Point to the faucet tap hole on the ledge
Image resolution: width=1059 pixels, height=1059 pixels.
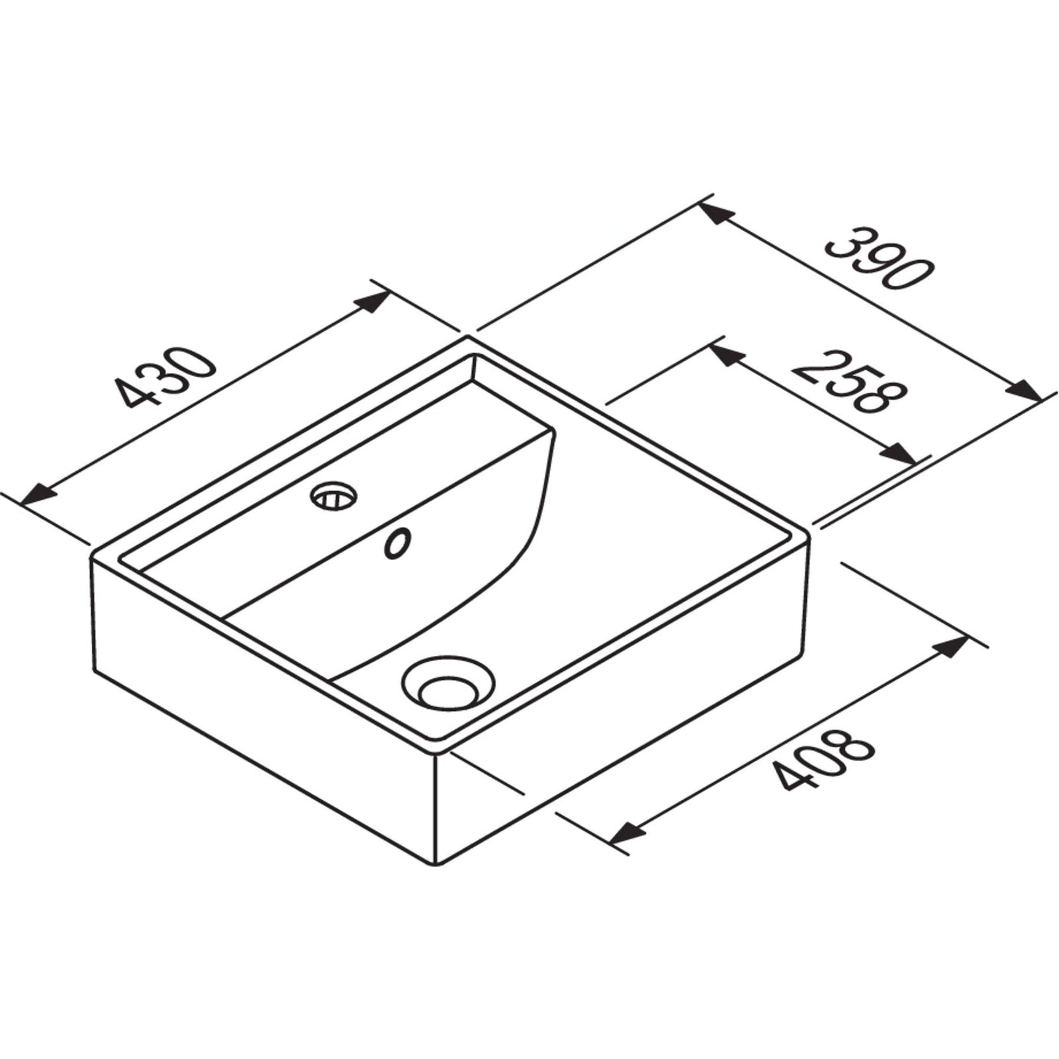click(x=334, y=495)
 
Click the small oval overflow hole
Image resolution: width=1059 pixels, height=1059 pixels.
click(x=398, y=543)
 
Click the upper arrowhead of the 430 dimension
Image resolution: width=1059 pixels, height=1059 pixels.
click(x=372, y=302)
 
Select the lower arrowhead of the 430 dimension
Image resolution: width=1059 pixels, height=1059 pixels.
click(x=37, y=493)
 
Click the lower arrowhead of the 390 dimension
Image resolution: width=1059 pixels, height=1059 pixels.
click(x=1023, y=391)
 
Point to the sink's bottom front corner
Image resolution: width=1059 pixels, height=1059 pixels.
click(x=436, y=864)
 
